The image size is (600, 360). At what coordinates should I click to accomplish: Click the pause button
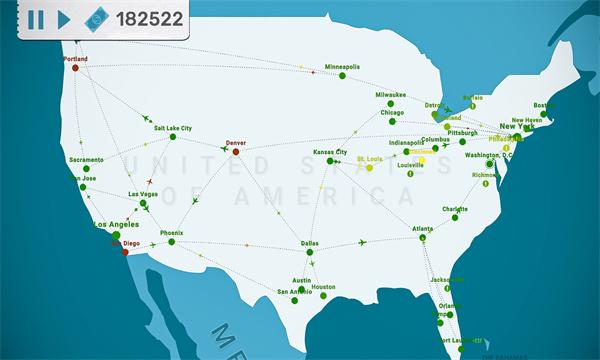pos(36,19)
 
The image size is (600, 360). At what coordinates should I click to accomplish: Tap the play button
pos(64,19)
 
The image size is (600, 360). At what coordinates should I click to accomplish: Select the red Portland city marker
pos(75,68)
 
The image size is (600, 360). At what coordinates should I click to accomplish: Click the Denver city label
pos(237,142)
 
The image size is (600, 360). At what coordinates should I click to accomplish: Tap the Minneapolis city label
pos(342,67)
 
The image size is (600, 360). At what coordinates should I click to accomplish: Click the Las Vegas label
pos(143,193)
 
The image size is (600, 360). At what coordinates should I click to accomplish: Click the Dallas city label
pos(310,243)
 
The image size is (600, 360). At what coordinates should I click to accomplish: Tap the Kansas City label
pos(330,152)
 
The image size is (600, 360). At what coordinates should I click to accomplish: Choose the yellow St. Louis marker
pos(369,167)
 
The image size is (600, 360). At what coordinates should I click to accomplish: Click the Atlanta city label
pos(423,229)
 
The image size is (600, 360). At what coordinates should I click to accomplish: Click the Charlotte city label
pos(455,208)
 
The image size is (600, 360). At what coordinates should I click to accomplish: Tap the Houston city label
pos(323,286)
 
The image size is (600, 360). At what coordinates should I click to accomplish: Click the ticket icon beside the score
pos(98,19)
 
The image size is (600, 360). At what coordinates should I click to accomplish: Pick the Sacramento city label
pos(86,160)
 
